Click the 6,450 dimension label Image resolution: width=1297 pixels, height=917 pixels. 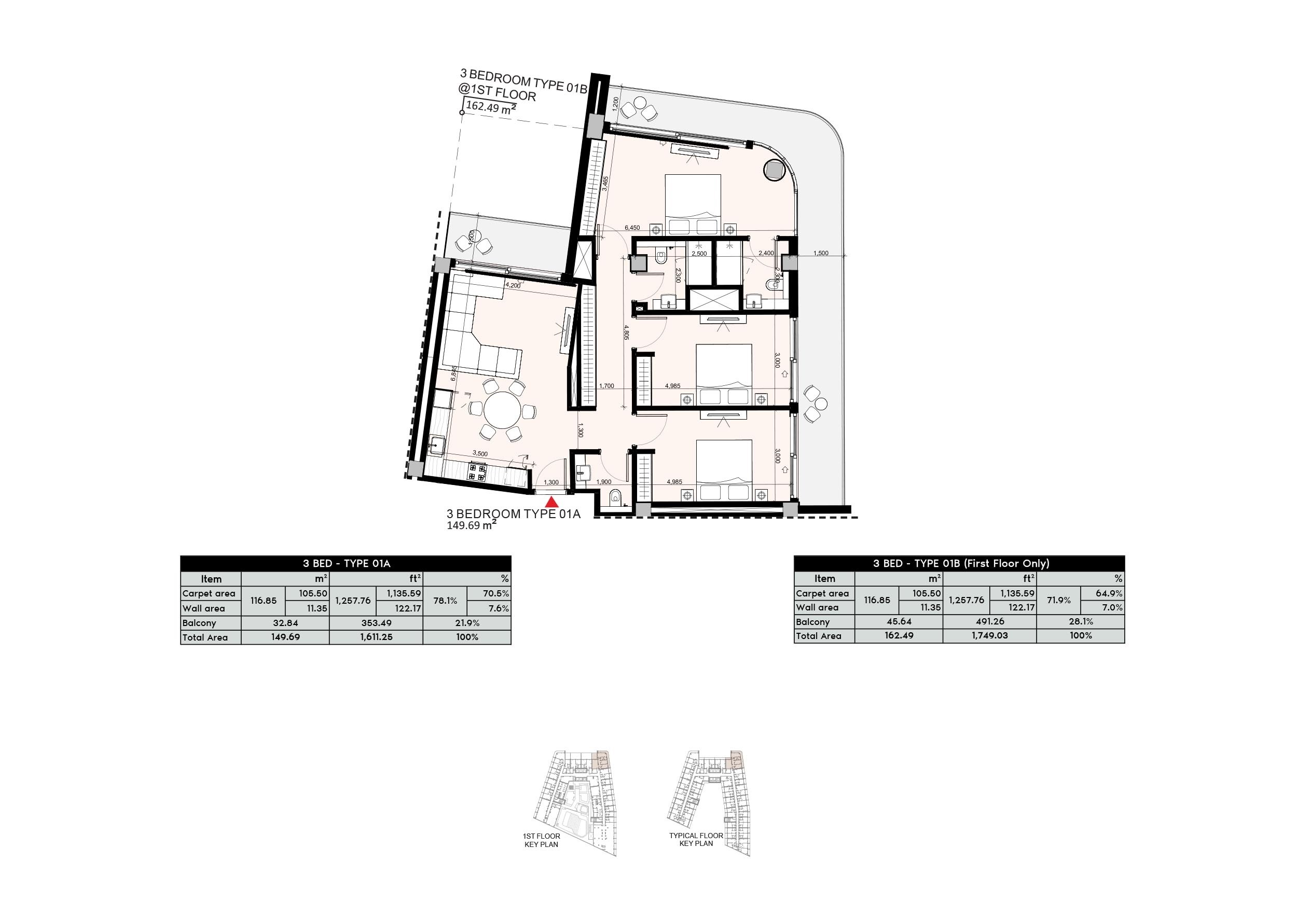coord(632,228)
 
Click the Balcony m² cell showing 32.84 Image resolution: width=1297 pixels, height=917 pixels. coord(285,623)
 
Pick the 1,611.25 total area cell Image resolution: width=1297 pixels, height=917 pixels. coord(376,637)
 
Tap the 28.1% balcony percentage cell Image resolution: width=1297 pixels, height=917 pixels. coord(1080,622)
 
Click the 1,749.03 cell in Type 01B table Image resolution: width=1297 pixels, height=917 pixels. coord(990,635)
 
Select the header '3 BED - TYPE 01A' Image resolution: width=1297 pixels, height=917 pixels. coord(346,563)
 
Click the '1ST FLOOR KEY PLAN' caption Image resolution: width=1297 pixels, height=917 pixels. coord(541,840)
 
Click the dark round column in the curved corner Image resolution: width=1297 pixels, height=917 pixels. coord(774,170)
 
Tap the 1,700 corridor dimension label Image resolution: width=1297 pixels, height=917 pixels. coord(606,386)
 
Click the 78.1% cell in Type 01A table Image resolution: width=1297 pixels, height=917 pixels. coord(445,601)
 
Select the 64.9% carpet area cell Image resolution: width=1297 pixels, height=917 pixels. coord(1102,593)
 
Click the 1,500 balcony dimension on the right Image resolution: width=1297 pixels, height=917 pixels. coord(820,253)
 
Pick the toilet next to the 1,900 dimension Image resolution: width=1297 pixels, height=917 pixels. coord(616,497)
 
